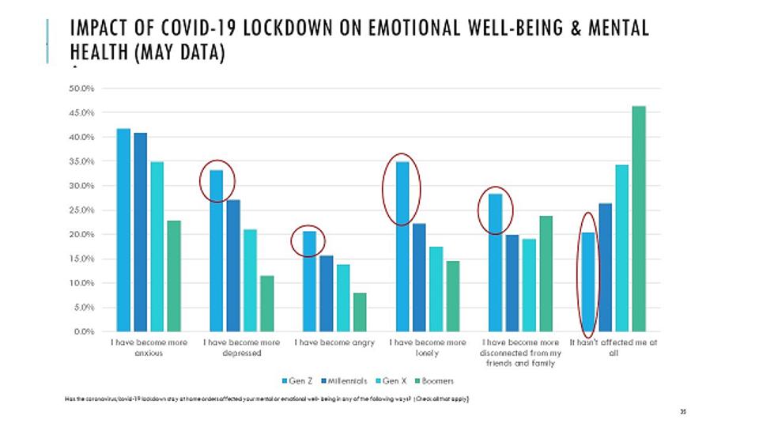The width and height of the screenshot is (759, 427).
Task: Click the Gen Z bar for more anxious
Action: click(123, 229)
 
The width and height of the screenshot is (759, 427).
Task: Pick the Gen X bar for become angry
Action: click(343, 297)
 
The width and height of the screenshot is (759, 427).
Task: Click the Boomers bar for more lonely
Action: click(452, 296)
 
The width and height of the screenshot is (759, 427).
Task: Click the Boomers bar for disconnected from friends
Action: click(546, 273)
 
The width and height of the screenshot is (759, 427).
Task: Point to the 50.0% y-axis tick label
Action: click(83, 89)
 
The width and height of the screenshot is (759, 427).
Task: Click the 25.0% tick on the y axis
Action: click(83, 210)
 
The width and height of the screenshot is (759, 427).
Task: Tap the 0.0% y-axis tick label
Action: click(85, 331)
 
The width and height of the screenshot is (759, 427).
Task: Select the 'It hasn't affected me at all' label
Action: click(614, 348)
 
